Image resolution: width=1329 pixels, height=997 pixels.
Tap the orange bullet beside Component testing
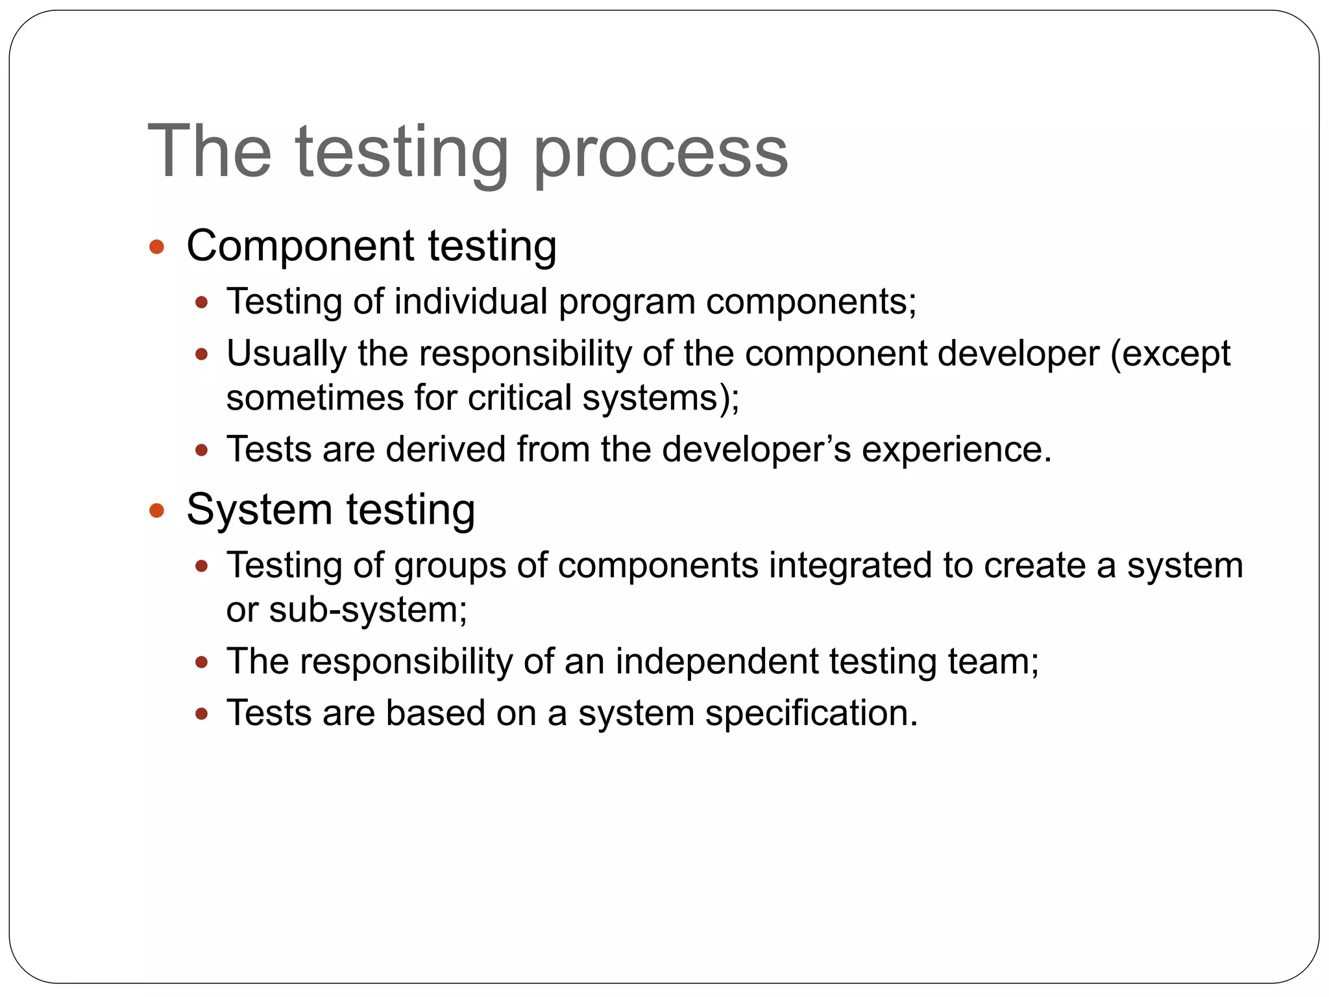(156, 247)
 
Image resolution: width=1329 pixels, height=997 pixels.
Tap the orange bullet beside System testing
(156, 510)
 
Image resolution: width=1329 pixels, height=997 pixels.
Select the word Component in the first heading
(300, 247)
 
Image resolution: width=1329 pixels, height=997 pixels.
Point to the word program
(627, 303)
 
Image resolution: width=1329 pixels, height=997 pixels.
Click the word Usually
(286, 355)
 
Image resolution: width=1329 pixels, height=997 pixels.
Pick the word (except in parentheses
(1170, 355)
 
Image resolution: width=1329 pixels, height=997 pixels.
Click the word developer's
(756, 450)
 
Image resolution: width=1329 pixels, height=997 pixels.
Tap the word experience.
(956, 450)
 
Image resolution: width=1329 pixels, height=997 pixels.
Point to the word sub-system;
(368, 610)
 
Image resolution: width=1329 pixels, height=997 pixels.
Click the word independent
(716, 661)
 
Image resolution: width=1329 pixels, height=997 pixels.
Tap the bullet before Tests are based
(202, 715)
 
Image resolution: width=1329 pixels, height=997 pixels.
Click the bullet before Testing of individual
(202, 302)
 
